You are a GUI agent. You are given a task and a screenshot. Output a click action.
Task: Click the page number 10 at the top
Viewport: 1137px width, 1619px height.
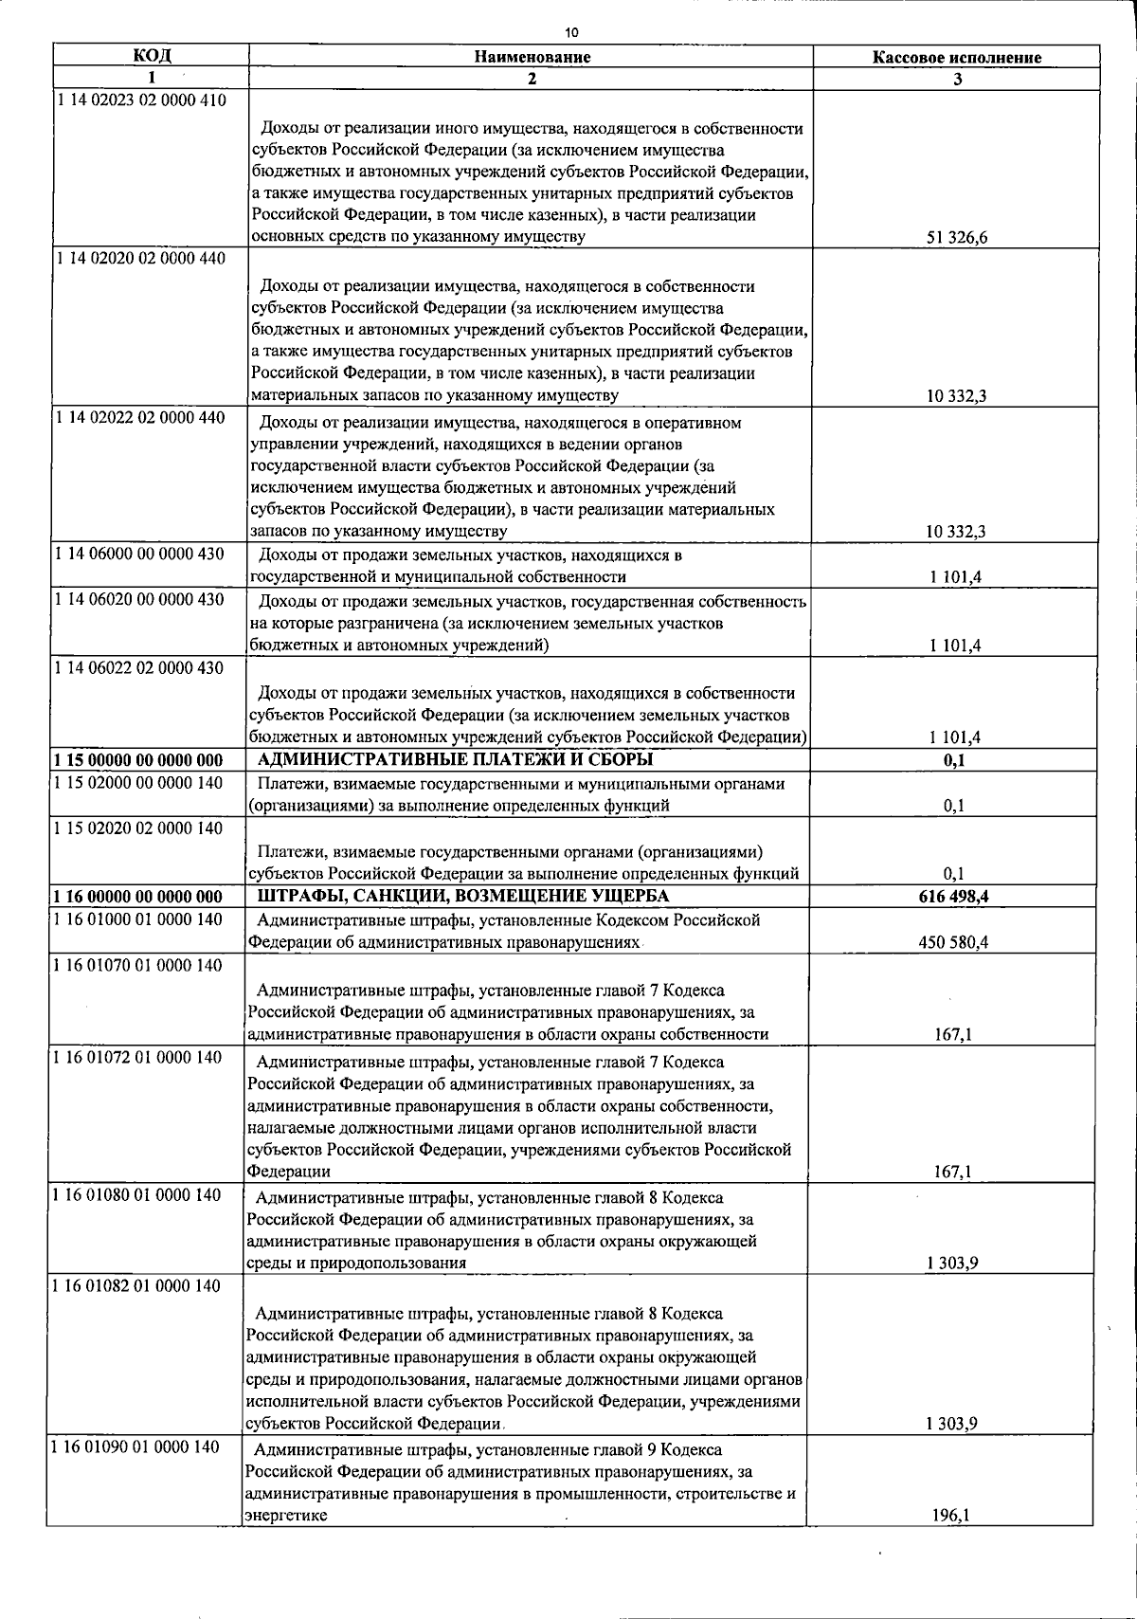point(570,32)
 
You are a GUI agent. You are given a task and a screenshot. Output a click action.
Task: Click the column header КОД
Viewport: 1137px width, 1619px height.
point(152,55)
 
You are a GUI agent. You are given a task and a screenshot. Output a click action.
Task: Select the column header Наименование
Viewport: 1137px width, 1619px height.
point(532,57)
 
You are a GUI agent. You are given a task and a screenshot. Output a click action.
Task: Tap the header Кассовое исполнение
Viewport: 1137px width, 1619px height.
point(956,58)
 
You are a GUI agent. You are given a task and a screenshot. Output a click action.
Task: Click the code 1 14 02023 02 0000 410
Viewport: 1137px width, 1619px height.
point(141,100)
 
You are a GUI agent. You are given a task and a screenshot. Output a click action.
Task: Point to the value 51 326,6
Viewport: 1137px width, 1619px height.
point(956,238)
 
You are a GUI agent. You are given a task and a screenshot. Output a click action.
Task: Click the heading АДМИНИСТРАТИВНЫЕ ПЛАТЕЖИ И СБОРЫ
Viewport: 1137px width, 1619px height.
point(455,760)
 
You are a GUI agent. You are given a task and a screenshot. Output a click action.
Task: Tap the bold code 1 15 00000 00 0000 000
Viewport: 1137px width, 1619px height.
point(138,760)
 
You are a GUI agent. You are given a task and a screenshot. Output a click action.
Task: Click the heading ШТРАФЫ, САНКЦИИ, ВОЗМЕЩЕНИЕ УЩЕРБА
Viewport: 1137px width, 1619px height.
point(462,897)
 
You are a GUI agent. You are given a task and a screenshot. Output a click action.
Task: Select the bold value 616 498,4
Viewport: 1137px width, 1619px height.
point(953,897)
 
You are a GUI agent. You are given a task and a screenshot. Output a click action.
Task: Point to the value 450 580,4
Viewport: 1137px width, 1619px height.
point(953,942)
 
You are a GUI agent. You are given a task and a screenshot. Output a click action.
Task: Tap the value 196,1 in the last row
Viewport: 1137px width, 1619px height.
point(951,1516)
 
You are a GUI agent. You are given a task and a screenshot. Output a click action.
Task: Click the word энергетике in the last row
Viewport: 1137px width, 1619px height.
point(287,1516)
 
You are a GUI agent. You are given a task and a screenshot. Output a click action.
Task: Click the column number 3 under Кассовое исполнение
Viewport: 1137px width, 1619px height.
point(957,80)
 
